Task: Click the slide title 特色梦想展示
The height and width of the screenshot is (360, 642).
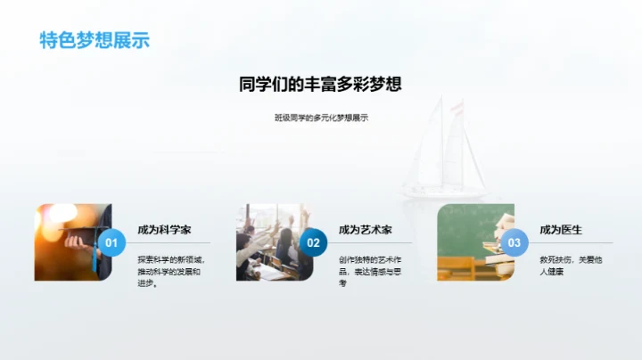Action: tap(95, 40)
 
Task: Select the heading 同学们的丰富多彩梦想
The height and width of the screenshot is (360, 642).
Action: tap(320, 85)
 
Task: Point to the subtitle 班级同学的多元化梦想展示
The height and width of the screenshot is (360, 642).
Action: tap(321, 118)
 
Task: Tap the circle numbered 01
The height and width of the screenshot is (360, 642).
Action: tap(111, 241)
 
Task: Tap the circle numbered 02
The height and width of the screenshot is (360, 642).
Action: tap(313, 241)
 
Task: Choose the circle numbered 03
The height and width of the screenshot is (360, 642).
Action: tap(514, 241)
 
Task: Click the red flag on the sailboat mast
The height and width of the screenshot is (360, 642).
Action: tap(457, 107)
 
